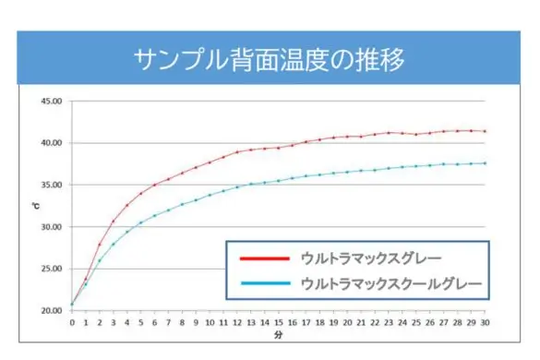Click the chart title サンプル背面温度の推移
click(269, 60)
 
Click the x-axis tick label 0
click(72, 323)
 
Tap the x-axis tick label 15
click(278, 323)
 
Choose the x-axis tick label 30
click(485, 323)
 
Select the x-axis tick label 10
click(210, 323)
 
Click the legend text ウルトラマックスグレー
click(370, 258)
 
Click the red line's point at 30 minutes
click(485, 131)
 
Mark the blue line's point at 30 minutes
click(485, 163)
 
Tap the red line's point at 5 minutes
click(141, 194)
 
